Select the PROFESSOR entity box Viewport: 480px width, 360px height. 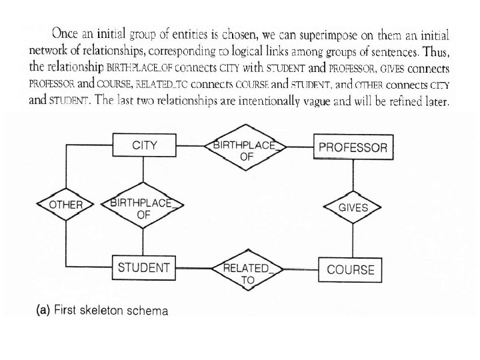click(x=353, y=147)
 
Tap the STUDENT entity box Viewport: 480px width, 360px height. click(x=143, y=268)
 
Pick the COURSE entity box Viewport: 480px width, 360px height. click(x=351, y=270)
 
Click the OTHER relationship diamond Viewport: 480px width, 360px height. click(x=66, y=205)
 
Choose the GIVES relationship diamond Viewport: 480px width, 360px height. click(x=353, y=207)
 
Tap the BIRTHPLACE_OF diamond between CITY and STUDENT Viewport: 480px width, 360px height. click(x=143, y=209)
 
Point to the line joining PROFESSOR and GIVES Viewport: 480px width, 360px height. click(x=353, y=175)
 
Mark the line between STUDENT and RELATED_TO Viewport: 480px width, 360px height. click(x=193, y=269)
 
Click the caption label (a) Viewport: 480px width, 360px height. click(x=40, y=311)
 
